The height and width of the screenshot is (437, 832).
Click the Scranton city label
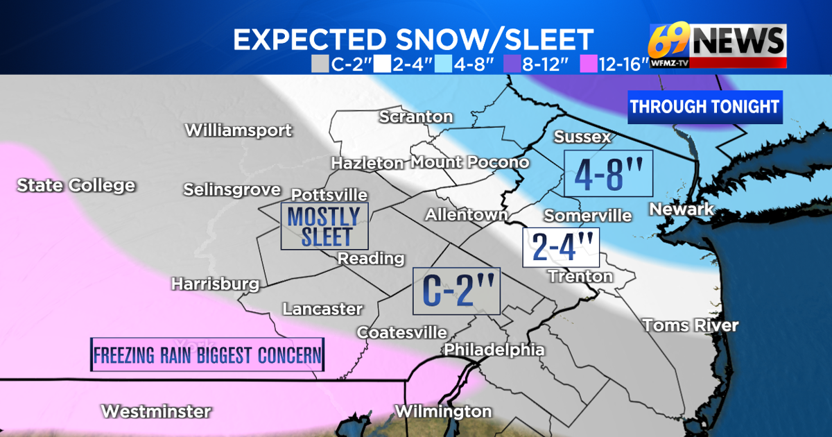pos(416,117)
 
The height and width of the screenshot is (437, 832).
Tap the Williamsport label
pos(239,130)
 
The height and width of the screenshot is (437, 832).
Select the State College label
pos(76,185)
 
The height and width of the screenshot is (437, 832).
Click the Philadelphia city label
pos(494,350)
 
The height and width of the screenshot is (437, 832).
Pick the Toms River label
pos(690,325)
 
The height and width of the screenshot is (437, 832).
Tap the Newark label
pos(682,209)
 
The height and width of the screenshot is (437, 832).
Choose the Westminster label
pos(156,411)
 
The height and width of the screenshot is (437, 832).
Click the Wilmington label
pos(443,411)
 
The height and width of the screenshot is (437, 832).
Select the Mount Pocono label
pos(470,162)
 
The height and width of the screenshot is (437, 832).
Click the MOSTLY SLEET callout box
pos(324,226)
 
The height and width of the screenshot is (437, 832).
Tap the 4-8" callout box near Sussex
pos(608,174)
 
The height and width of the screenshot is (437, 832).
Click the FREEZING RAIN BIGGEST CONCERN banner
pos(208,355)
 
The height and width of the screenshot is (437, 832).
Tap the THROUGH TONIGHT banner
pos(704,107)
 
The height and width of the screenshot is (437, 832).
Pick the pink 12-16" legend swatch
pos(581,65)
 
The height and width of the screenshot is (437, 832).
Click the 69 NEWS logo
pos(717,45)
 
